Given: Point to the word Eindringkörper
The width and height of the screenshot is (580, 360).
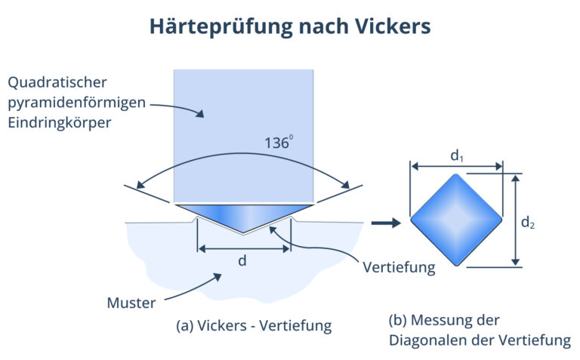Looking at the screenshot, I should (x=59, y=122).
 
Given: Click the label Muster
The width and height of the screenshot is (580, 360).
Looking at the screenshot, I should (x=131, y=303).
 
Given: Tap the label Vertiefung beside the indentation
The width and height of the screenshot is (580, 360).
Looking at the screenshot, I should (x=399, y=267).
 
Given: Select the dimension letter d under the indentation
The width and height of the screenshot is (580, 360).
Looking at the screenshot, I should (x=243, y=260).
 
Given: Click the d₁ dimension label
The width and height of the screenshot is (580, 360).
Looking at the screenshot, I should (x=457, y=155).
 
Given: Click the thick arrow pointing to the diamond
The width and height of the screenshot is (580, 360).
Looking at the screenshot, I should (x=386, y=223).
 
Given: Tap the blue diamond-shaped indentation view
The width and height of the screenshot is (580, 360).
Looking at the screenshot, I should (x=456, y=220).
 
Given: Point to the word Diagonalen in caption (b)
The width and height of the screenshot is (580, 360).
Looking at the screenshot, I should (x=427, y=340).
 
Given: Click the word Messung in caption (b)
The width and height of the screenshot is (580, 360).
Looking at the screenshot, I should (x=446, y=319).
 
